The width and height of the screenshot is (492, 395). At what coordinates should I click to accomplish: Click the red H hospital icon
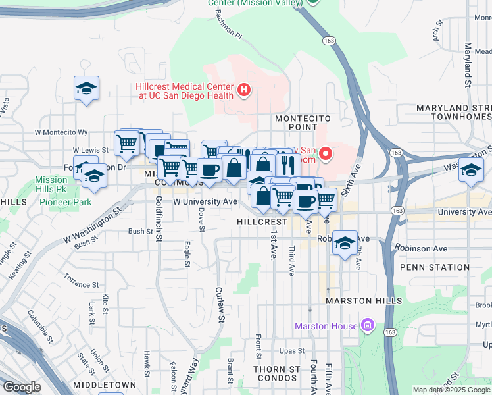pos(244,90)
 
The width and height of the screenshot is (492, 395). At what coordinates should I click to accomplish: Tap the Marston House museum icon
pos(366,326)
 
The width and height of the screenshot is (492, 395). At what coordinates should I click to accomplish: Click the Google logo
pos(22,387)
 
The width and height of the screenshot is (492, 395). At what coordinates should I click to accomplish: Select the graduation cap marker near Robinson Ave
pos(345,244)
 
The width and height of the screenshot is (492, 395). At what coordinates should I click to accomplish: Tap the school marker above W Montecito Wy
pos(86,90)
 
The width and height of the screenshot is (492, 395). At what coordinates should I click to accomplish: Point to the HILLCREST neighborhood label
pos(262,223)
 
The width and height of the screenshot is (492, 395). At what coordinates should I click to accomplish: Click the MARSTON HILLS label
pos(364,301)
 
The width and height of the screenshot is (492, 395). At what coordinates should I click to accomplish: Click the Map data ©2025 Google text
pos(450,390)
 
